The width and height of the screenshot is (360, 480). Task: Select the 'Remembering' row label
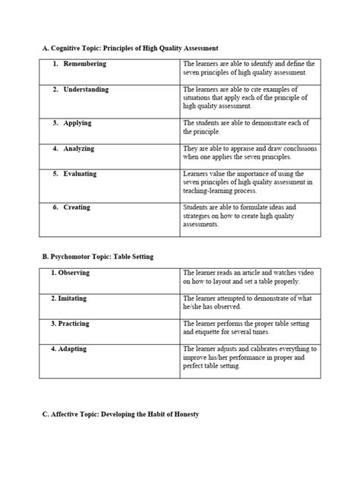pyautogui.click(x=85, y=64)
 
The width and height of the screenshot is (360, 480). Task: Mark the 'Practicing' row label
pyautogui.click(x=76, y=324)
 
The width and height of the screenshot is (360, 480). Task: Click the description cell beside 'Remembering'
pyautogui.click(x=249, y=68)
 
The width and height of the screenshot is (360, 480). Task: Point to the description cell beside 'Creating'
pyautogui.click(x=249, y=216)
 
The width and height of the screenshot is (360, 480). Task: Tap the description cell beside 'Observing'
pyautogui.click(x=249, y=276)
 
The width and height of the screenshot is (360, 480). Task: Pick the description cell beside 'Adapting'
pyautogui.click(x=249, y=358)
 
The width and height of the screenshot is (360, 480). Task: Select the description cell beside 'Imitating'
pyautogui.click(x=249, y=302)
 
